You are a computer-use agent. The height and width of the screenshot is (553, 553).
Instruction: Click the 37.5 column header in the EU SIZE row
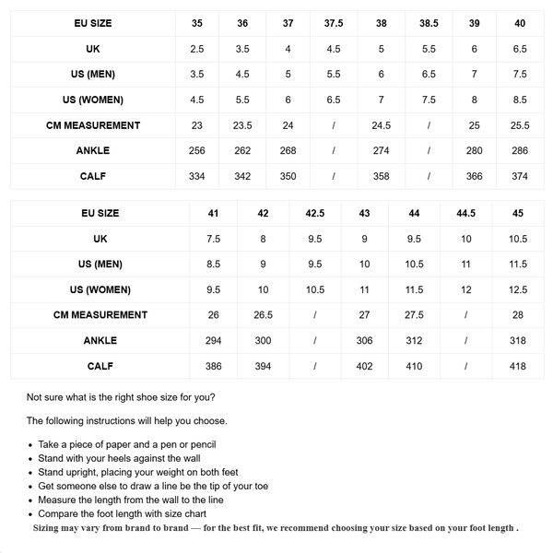coord(333,23)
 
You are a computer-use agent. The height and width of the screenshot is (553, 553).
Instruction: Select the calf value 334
coord(197,176)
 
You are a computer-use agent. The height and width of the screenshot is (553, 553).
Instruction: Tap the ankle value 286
coord(520,150)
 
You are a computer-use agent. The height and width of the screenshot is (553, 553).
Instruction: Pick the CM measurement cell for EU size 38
coord(381,125)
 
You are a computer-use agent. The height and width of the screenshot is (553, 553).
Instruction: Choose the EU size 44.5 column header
coord(465,214)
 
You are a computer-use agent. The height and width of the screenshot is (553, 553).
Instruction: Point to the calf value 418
coord(518,366)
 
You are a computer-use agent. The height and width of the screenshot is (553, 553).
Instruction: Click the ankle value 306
coord(364,341)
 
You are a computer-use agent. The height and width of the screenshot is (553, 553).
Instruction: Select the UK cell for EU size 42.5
coord(315,239)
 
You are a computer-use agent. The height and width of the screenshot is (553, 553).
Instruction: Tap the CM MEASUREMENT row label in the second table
coord(100,315)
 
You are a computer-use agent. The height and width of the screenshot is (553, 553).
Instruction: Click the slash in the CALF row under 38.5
coord(429,176)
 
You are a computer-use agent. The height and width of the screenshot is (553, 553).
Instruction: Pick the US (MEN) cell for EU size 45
coord(518,265)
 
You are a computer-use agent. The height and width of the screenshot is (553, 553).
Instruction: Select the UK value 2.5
coord(197,49)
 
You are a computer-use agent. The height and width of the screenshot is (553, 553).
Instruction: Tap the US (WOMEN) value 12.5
coord(518,290)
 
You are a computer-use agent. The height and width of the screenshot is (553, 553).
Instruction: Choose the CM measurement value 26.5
coord(264,315)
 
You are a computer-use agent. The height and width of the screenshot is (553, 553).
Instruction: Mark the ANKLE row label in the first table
coord(93,150)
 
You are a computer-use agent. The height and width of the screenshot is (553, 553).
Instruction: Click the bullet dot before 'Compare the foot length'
coord(30,514)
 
